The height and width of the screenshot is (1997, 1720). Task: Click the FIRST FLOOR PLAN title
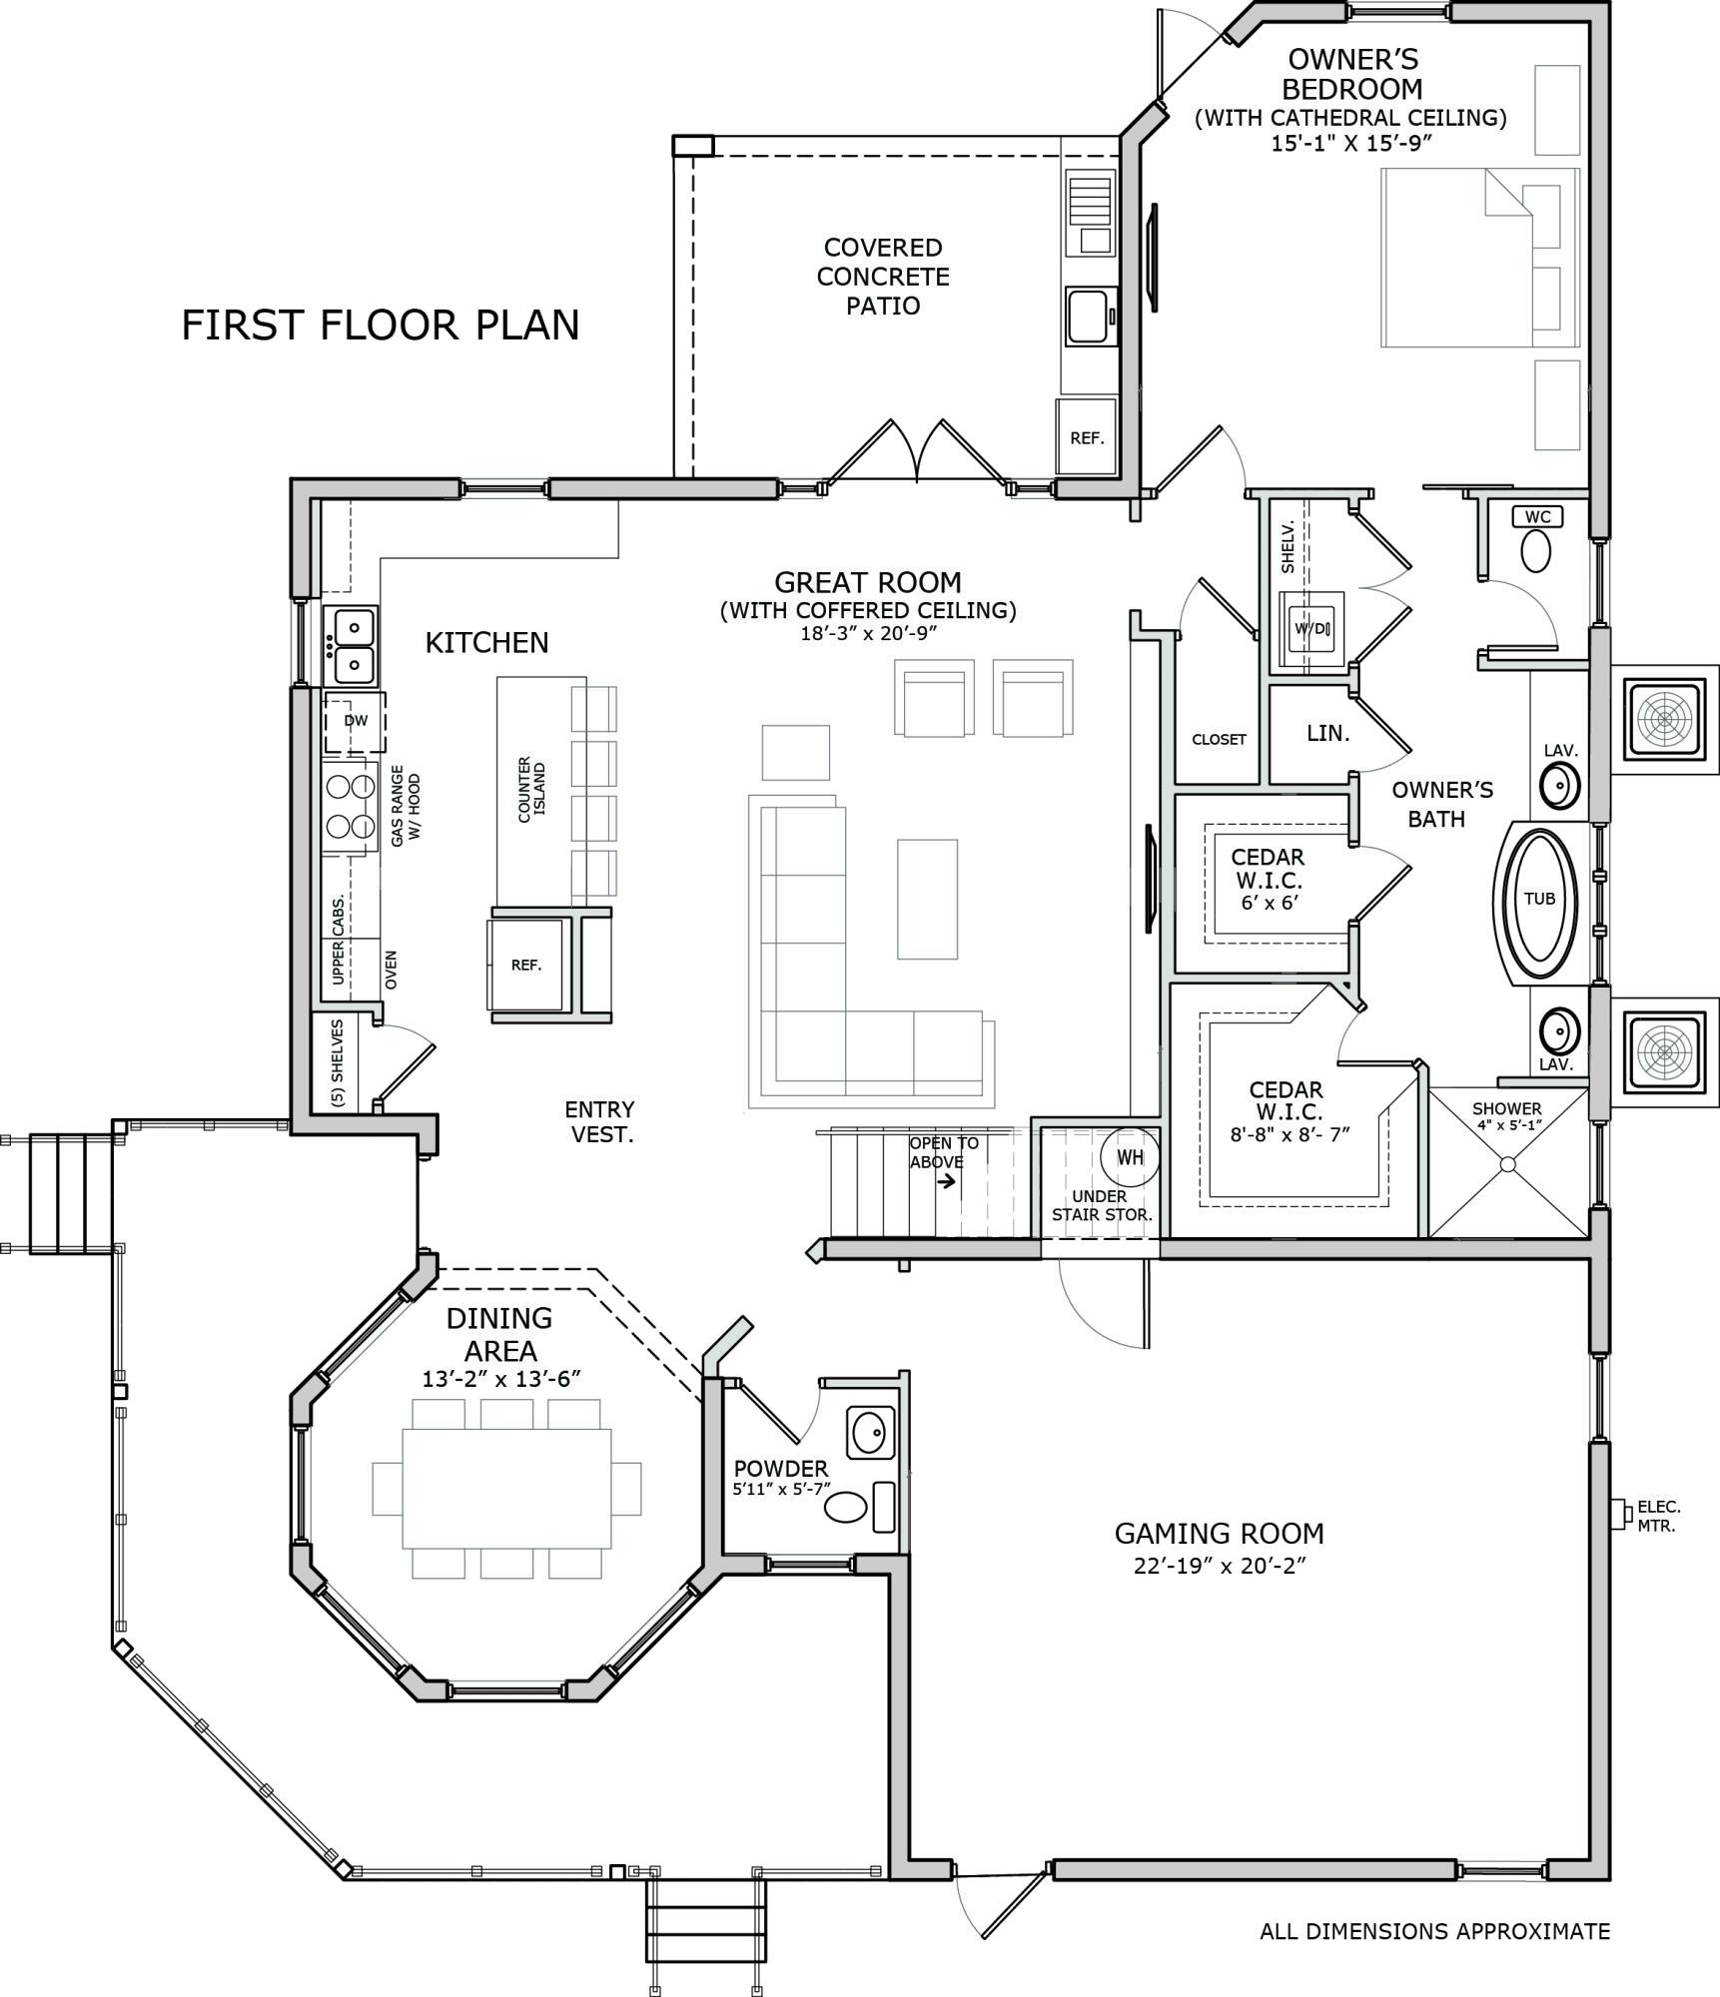tap(380, 326)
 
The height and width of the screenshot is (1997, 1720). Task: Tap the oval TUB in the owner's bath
tap(1539, 898)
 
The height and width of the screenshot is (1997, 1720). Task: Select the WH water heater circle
tap(1130, 1158)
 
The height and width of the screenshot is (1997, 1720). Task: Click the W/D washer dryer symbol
tap(1310, 628)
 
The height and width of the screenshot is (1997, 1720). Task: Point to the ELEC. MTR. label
tap(1658, 1516)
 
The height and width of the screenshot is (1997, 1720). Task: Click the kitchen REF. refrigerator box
tap(525, 965)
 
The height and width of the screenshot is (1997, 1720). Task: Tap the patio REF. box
tap(1087, 437)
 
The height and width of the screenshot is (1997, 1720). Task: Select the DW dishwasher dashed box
tap(355, 721)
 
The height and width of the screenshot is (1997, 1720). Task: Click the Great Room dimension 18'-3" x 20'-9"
tap(867, 633)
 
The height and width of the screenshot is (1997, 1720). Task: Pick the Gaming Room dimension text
tap(1220, 1565)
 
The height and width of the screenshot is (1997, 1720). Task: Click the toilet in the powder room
tap(847, 1507)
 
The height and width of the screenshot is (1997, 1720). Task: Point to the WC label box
tap(1538, 516)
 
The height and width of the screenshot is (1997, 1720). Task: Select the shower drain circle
tap(1507, 1164)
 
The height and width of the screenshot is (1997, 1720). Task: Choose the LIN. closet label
tap(1327, 733)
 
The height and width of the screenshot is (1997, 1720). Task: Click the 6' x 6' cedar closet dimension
tap(1269, 903)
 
